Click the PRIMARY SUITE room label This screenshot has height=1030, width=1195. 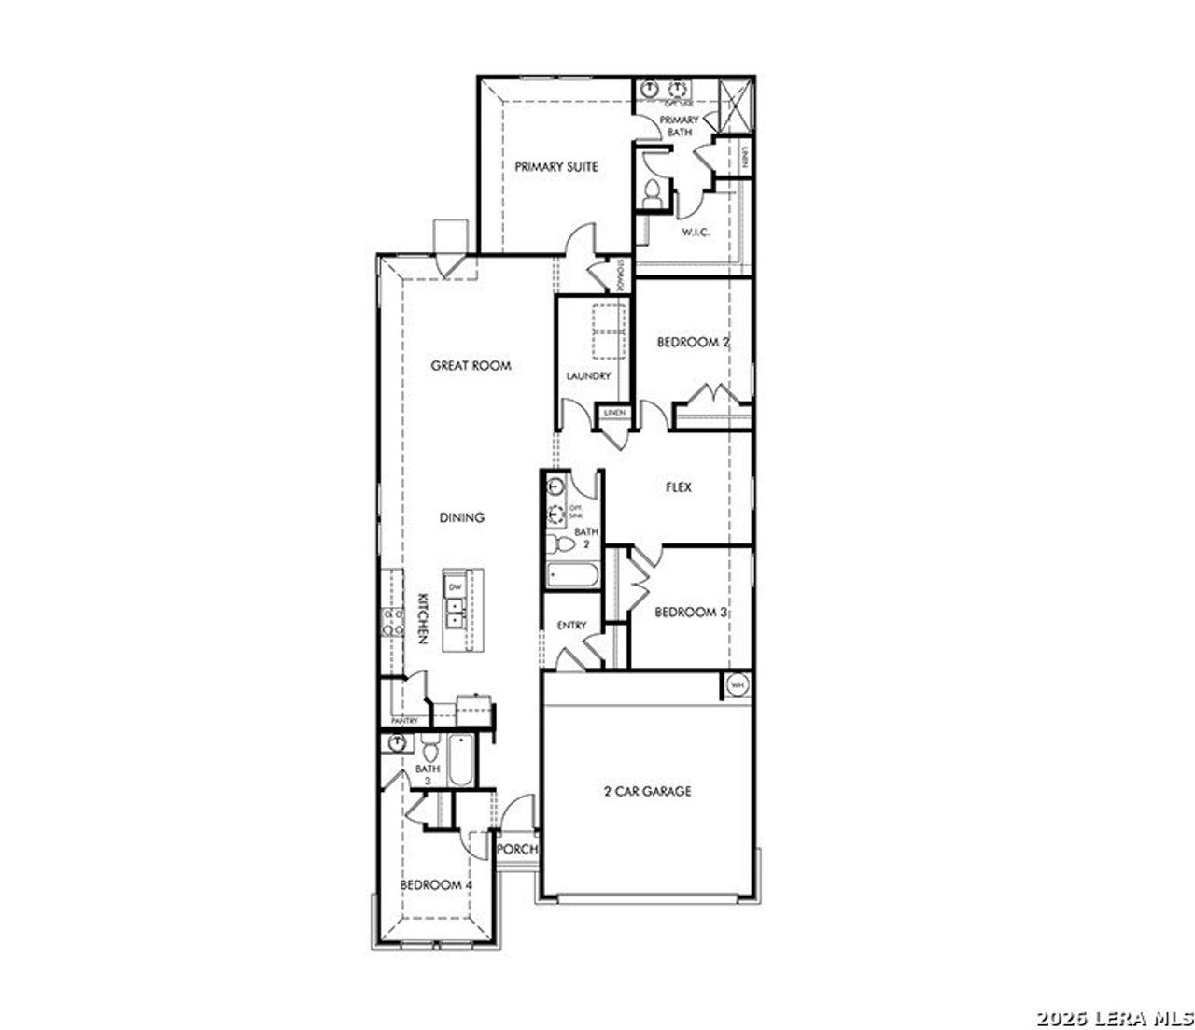[556, 167]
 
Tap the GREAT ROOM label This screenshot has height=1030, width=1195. [471, 366]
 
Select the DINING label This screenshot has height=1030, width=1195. [462, 517]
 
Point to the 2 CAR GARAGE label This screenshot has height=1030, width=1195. [647, 792]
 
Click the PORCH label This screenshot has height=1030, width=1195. [516, 850]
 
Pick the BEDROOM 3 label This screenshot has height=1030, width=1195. [690, 613]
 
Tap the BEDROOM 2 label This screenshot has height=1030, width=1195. [692, 343]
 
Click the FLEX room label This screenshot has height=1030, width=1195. [679, 487]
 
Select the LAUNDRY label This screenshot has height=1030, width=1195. [588, 376]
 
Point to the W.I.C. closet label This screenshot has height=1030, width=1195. [696, 232]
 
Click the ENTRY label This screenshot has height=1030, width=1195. [571, 626]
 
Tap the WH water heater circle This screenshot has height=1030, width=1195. [738, 685]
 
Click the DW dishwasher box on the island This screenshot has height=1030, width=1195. [456, 587]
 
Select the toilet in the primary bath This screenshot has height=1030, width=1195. [652, 193]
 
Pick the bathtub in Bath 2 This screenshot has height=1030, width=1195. [572, 575]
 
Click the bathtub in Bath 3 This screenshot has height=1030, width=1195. [460, 762]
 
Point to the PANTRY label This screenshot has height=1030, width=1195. [404, 721]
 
